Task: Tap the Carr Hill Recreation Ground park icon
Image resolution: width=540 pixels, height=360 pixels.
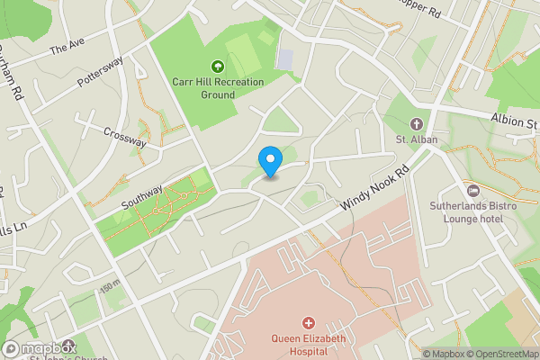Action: point(217,66)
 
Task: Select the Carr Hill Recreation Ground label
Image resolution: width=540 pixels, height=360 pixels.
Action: point(218,87)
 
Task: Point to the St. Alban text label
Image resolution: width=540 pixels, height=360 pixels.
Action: point(416,139)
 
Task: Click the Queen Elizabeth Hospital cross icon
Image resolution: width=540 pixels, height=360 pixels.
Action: point(309,322)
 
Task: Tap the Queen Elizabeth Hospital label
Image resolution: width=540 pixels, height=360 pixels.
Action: point(309,345)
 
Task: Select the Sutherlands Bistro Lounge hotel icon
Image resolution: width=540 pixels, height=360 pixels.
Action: point(473,190)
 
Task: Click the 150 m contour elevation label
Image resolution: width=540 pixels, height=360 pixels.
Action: point(110,286)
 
